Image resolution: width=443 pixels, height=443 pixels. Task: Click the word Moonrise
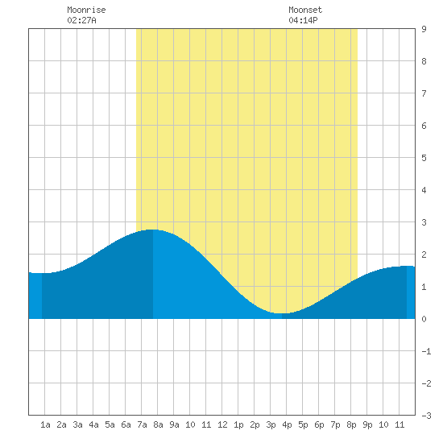(86, 10)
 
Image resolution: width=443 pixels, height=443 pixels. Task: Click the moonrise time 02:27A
(81, 20)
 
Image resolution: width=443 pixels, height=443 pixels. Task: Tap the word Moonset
(305, 10)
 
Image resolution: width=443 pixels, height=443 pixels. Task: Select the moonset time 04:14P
(303, 20)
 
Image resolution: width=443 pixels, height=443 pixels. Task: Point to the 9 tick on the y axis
(424, 29)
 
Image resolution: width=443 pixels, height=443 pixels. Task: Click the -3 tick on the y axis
(426, 416)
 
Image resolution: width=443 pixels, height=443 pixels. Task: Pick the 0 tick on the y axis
(424, 319)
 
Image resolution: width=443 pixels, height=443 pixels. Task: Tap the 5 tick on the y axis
(424, 158)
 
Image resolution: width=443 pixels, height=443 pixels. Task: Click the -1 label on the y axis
(426, 351)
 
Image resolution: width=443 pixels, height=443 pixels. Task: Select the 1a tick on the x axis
(45, 424)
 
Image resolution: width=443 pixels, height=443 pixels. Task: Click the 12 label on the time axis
(222, 424)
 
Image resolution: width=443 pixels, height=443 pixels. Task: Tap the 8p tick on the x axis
(351, 424)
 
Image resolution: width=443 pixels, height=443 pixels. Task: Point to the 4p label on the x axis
(287, 424)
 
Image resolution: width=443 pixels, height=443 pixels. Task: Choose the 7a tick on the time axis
(142, 424)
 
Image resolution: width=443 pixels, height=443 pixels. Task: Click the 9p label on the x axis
(367, 424)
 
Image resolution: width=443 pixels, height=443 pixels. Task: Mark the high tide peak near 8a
(153, 230)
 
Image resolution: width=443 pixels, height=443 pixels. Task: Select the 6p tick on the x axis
(319, 424)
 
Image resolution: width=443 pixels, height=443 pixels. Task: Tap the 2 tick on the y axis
(424, 255)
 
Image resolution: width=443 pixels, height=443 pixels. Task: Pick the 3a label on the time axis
(77, 424)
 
